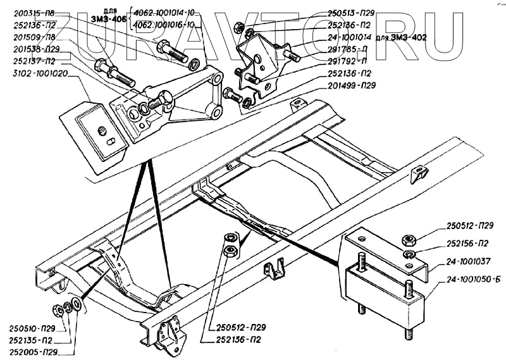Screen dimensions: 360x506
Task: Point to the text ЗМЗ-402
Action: [x=409, y=37]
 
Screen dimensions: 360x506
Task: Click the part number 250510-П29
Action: [x=32, y=328]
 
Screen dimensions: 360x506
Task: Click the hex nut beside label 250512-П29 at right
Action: [x=408, y=240]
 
